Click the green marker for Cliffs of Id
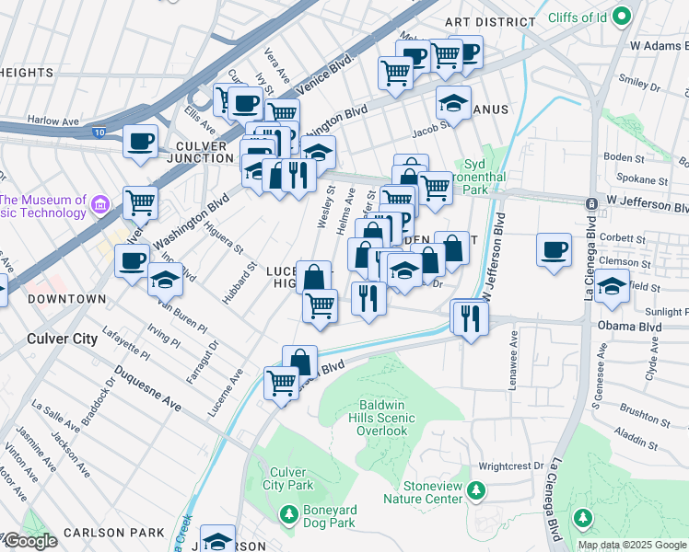[622, 15]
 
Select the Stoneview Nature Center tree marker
[475, 488]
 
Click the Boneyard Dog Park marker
[290, 513]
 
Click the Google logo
[29, 541]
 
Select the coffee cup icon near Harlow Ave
[140, 142]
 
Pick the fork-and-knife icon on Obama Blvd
[471, 317]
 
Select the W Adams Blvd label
[659, 44]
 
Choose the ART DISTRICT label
[489, 21]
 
